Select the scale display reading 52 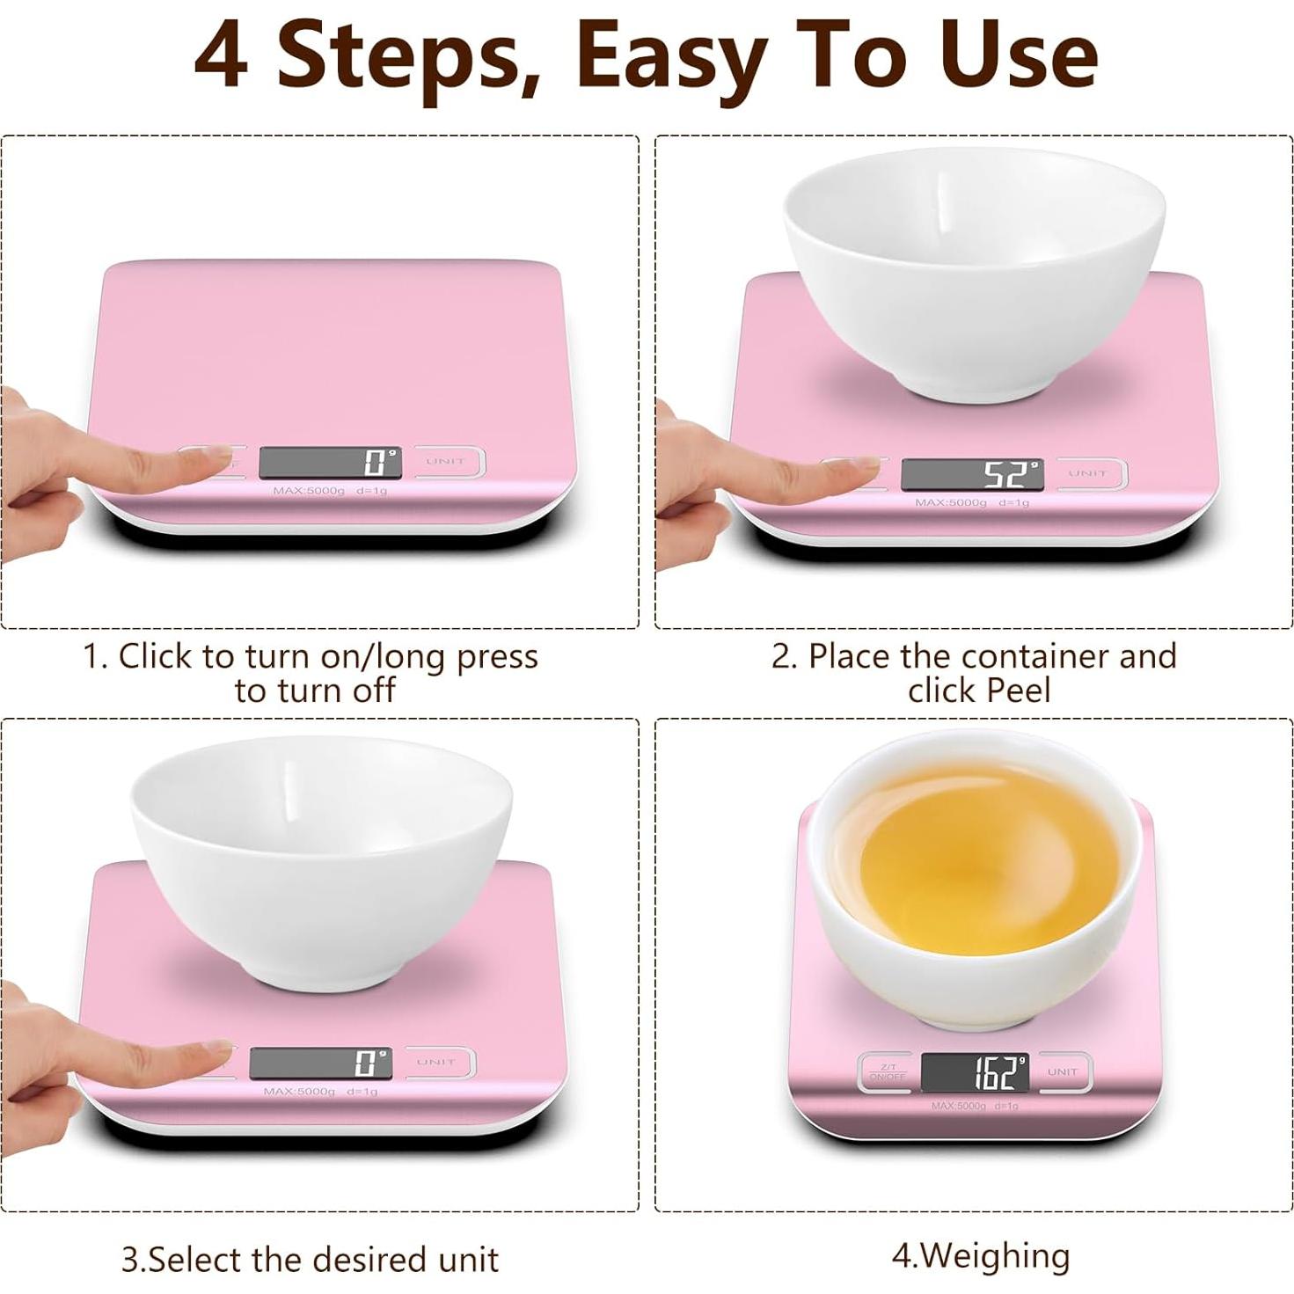click(x=972, y=475)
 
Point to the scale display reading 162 click(x=974, y=1072)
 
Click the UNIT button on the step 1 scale click(x=446, y=462)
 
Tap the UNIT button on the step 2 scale click(x=1088, y=474)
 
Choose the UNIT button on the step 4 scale click(x=1063, y=1071)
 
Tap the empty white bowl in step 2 click(x=974, y=264)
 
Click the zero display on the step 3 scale click(x=320, y=1063)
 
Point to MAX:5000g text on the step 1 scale click(x=308, y=490)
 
